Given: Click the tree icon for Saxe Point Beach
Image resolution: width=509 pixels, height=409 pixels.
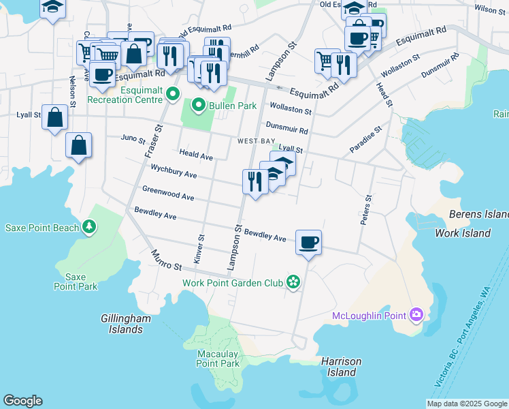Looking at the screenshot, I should pyautogui.click(x=88, y=226).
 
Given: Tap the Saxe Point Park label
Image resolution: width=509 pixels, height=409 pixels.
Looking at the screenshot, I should pyautogui.click(x=76, y=282).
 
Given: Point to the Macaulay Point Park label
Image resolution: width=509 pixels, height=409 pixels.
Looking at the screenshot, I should pyautogui.click(x=218, y=359).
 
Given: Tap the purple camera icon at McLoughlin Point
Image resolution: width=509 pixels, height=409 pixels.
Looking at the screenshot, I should pyautogui.click(x=416, y=315).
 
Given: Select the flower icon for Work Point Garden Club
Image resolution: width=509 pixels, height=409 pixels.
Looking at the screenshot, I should pyautogui.click(x=293, y=282).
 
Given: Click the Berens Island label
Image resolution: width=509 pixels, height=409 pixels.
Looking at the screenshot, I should pyautogui.click(x=478, y=215).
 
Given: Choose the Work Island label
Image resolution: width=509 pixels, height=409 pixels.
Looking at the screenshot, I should pyautogui.click(x=463, y=233).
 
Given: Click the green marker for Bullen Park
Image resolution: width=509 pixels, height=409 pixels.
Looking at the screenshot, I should pyautogui.click(x=199, y=106).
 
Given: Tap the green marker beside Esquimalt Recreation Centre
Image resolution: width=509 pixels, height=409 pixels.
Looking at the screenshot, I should pyautogui.click(x=173, y=94).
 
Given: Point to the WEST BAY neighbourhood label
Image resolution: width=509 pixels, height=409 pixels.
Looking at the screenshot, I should pyautogui.click(x=256, y=141).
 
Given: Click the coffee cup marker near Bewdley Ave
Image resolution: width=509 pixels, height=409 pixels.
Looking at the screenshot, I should pyautogui.click(x=308, y=241).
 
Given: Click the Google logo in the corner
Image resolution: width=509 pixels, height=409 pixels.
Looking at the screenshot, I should pyautogui.click(x=22, y=401).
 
